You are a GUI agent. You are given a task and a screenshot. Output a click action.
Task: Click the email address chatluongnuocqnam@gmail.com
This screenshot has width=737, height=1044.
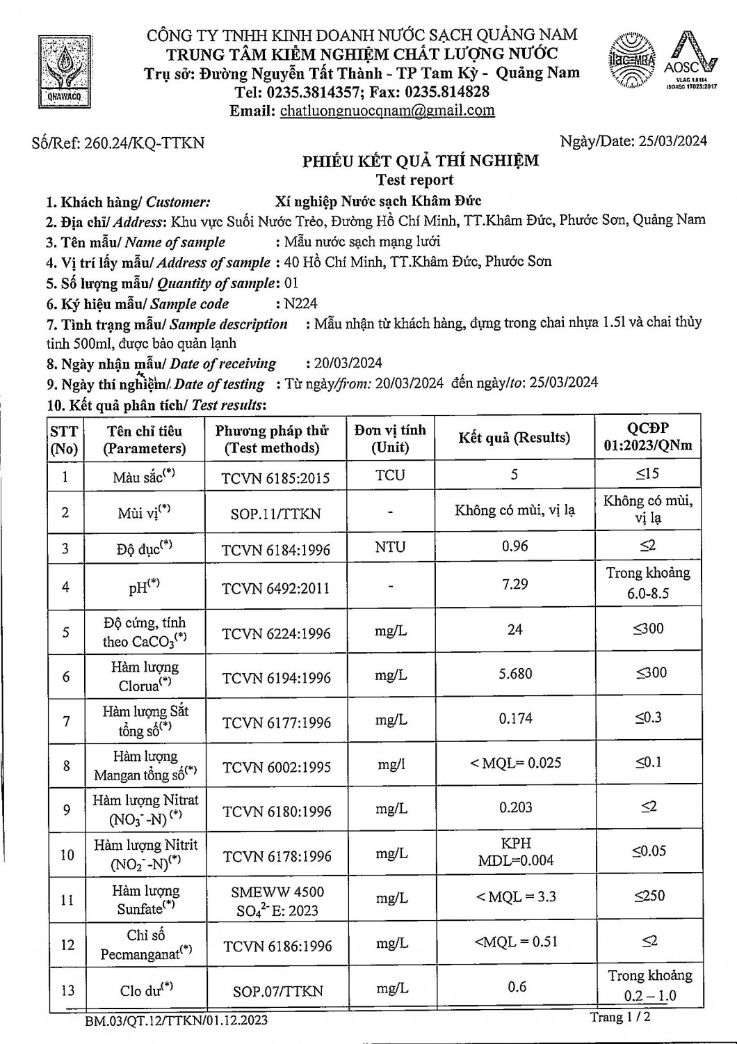click(x=387, y=111)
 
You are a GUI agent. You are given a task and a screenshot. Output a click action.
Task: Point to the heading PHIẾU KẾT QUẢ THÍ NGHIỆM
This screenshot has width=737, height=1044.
click(x=420, y=161)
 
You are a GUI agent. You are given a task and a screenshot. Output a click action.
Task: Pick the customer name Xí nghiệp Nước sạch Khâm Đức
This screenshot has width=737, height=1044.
click(x=378, y=201)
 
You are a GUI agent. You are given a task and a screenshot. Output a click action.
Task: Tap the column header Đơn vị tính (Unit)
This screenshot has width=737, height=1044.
click(x=390, y=438)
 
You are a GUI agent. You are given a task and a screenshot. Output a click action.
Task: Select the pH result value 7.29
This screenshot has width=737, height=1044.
click(x=515, y=585)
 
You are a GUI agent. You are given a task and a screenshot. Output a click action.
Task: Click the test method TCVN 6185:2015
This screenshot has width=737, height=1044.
click(x=275, y=478)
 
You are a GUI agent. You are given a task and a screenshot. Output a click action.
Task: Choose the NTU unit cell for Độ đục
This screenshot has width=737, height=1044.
click(x=390, y=547)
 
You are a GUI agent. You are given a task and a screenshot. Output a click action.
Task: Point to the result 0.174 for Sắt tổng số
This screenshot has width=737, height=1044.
click(x=515, y=719)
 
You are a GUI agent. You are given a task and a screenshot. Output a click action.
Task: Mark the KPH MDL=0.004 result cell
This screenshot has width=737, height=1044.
click(x=516, y=852)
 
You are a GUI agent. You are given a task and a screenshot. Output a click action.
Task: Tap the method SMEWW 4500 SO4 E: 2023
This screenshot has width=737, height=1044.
click(x=277, y=901)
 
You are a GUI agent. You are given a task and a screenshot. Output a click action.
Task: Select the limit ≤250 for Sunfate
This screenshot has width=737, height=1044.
click(x=648, y=896)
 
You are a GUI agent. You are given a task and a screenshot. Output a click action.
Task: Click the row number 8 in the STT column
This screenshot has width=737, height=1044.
click(x=66, y=766)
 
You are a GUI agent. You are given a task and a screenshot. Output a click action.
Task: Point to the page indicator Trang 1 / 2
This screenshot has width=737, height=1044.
click(x=620, y=1018)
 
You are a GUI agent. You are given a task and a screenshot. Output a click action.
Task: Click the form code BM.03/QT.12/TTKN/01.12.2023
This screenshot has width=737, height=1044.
click(x=176, y=1021)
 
